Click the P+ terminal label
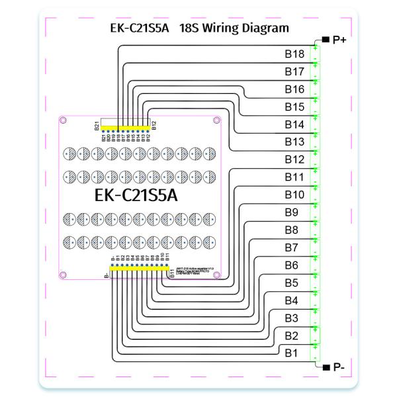[340, 41]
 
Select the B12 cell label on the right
[294, 159]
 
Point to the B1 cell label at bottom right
[292, 353]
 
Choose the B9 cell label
[292, 212]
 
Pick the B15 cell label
[294, 107]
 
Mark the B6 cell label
[292, 265]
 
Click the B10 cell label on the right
[294, 195]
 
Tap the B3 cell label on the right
[292, 318]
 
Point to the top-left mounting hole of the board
[63, 120]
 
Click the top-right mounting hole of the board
[216, 120]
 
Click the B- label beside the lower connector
[105, 273]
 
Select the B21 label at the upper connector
[97, 126]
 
